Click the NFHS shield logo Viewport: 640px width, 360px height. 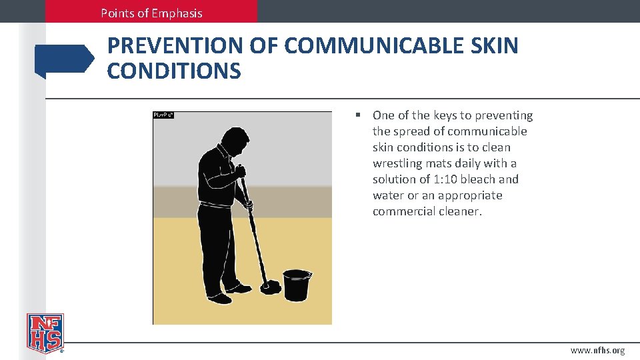point(45,332)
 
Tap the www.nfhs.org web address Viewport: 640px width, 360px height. point(597,351)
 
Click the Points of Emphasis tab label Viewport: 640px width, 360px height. point(151,13)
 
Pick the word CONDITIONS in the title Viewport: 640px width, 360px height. point(174,71)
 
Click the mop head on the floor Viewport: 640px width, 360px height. point(271,287)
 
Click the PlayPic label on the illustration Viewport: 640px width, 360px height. point(163,115)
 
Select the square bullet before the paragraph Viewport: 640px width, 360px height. point(359,115)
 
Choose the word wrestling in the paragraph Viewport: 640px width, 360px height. point(398,163)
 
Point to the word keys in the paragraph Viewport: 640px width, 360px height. point(445,115)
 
